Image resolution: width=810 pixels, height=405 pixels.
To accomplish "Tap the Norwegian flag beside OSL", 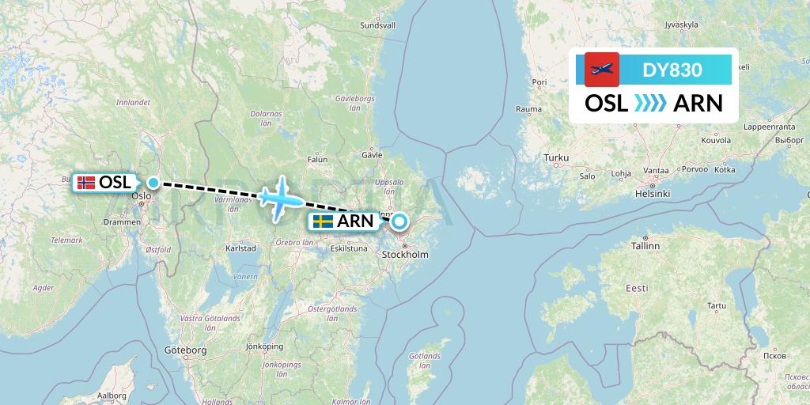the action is click(x=86, y=183).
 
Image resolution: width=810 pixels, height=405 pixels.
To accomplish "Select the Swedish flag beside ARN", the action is click(x=322, y=221).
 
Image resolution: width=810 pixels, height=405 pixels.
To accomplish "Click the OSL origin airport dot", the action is click(x=153, y=183).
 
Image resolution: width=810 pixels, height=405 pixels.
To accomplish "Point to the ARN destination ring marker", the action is click(x=399, y=221).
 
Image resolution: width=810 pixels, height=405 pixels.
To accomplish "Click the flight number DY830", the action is click(x=672, y=70).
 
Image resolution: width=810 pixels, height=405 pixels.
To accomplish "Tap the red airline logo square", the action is click(x=601, y=70).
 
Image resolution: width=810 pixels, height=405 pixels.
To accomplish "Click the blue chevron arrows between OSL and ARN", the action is click(x=651, y=104).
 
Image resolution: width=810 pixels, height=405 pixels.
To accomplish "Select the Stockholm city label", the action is click(x=405, y=255).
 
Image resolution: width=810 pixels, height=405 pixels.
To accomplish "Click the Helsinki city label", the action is click(x=653, y=194).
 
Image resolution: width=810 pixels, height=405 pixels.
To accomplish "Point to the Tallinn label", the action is click(x=645, y=246).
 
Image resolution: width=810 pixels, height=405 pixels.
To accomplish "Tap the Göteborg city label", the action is click(x=185, y=349).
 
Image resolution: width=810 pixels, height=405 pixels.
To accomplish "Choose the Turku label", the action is click(x=555, y=158).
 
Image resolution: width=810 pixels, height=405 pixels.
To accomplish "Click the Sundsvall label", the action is click(x=377, y=25).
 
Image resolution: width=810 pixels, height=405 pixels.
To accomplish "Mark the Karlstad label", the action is click(x=240, y=248).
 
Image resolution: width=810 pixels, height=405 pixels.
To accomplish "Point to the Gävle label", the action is click(x=372, y=155).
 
